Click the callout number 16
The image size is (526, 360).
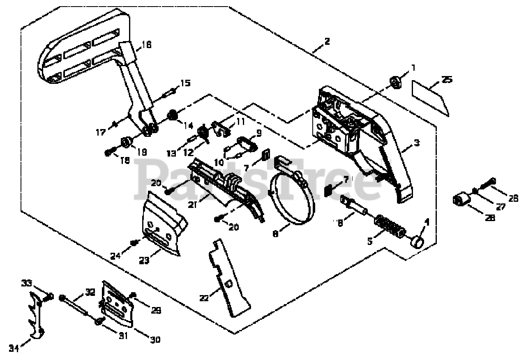pos(147,44)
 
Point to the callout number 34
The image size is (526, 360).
pos(14,348)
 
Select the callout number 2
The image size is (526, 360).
pos(327,42)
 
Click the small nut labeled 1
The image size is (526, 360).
pos(396,82)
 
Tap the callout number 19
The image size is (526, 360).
pos(142,152)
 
